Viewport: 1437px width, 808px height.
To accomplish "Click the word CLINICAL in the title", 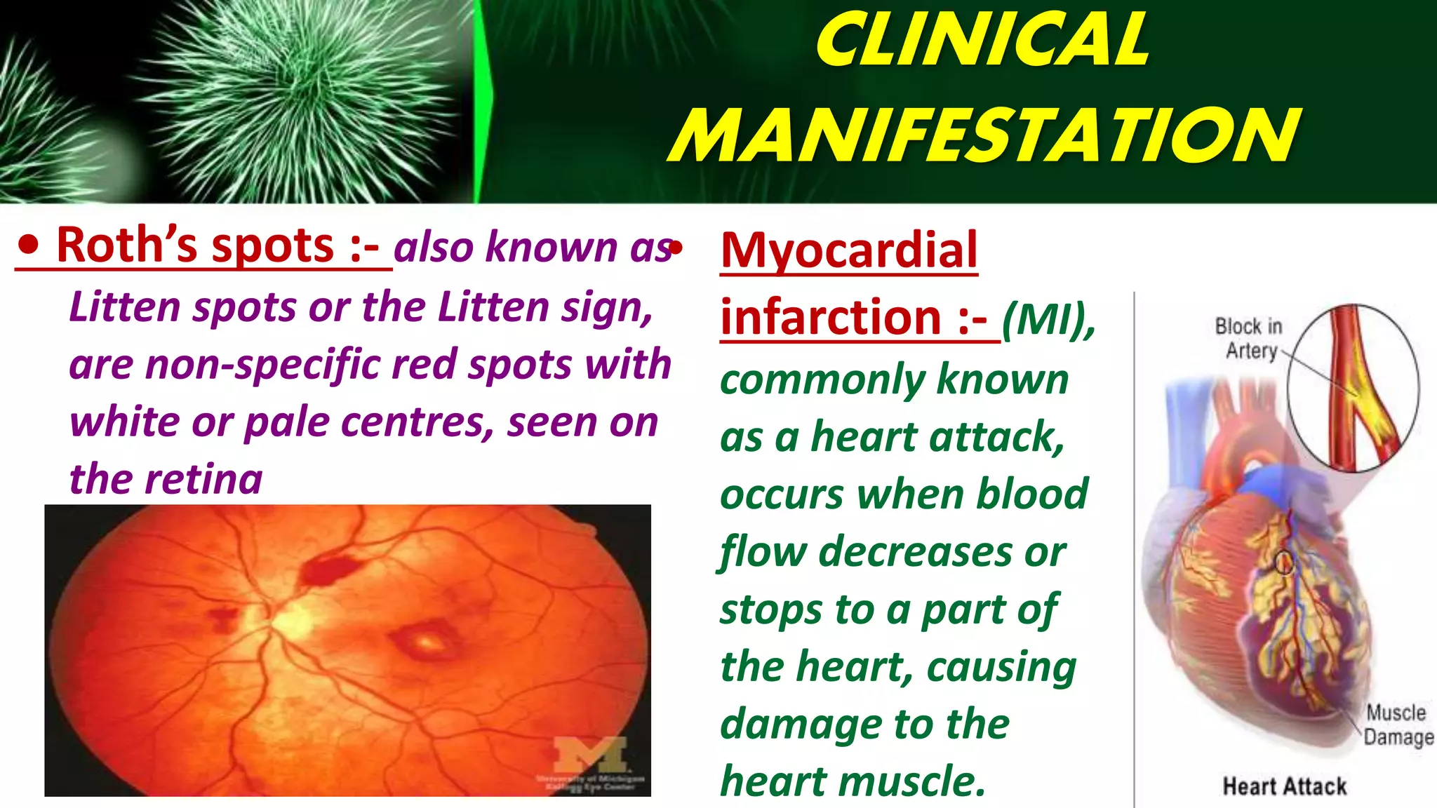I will (982, 41).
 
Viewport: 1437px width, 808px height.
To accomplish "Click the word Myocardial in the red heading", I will (849, 250).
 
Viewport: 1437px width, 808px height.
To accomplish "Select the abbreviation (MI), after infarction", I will (1048, 319).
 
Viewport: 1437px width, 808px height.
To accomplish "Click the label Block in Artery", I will (1249, 338).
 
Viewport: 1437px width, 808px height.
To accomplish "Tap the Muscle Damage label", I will (1397, 725).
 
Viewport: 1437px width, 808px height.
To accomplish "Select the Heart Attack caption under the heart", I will (1284, 786).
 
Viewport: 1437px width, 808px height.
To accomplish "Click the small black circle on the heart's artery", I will (1283, 562).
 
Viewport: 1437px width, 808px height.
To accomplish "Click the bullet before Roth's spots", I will (29, 245).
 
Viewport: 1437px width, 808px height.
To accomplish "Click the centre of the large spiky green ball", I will (295, 91).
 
